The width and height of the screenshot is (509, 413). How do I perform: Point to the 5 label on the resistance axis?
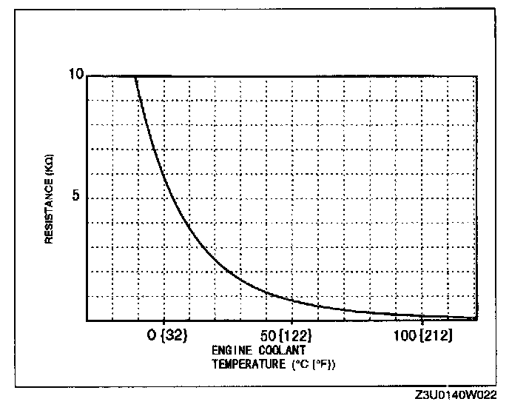click(x=78, y=198)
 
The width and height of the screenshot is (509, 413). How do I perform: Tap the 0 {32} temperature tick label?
click(x=167, y=334)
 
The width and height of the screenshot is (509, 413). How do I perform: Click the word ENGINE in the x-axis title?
click(x=229, y=349)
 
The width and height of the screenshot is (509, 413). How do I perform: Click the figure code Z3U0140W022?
click(x=456, y=396)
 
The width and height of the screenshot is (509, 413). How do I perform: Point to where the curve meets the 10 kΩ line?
click(x=136, y=75)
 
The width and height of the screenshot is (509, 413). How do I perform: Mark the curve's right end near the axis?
click(x=473, y=318)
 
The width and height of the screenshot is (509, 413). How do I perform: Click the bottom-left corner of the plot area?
click(x=87, y=320)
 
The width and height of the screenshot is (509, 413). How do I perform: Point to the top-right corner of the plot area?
click(x=475, y=75)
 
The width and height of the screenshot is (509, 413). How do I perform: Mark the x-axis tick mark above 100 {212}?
click(x=420, y=319)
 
